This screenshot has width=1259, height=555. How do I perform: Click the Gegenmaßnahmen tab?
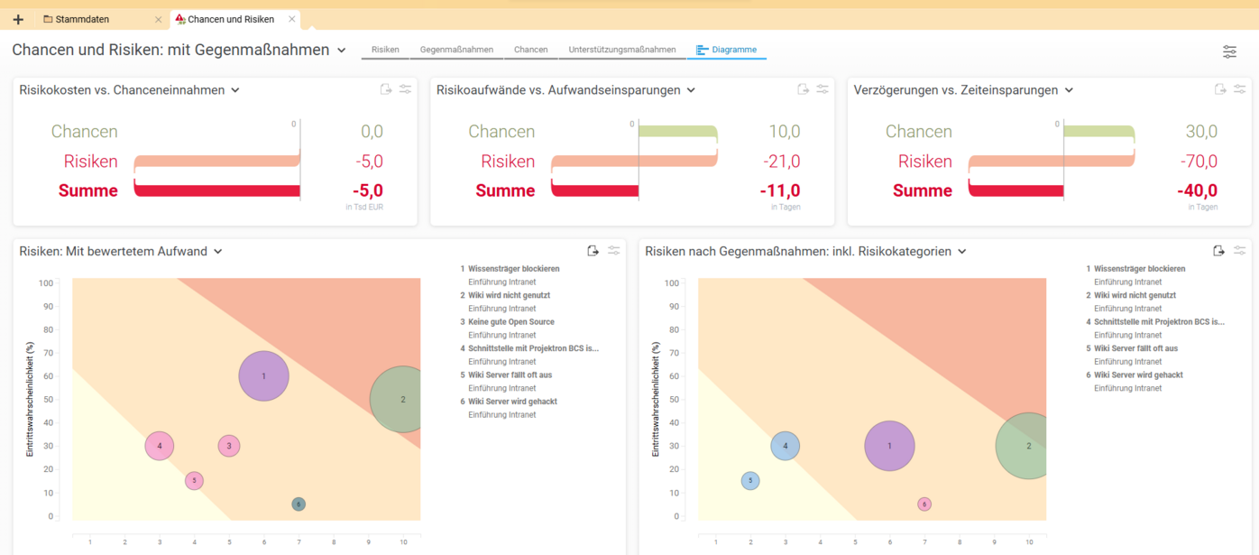pos(456,50)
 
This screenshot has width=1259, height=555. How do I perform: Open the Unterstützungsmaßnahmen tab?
pos(621,50)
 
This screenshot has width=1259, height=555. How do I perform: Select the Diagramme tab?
pos(727,50)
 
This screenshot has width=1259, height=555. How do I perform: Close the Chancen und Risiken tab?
pos(290,19)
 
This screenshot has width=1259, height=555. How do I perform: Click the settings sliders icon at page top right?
pos(1229,51)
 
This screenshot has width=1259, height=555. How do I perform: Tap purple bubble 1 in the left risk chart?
pos(263,376)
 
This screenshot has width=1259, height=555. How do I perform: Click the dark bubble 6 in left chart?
pos(299,504)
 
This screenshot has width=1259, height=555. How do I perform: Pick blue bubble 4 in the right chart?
pos(785,446)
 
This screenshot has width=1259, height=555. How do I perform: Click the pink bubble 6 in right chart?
pos(924,504)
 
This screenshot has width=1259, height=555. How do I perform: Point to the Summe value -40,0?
pos(1197,190)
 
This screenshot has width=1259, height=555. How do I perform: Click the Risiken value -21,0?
pos(782,162)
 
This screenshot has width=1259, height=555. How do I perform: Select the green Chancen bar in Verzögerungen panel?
pos(1098,132)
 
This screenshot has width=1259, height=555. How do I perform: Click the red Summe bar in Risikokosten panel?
pos(216,190)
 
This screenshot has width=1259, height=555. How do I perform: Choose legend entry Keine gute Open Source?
pos(510,322)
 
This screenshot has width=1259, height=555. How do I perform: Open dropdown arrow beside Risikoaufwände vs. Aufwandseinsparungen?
pos(691,90)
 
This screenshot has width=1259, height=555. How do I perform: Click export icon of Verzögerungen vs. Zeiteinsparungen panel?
pos(1219,89)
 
